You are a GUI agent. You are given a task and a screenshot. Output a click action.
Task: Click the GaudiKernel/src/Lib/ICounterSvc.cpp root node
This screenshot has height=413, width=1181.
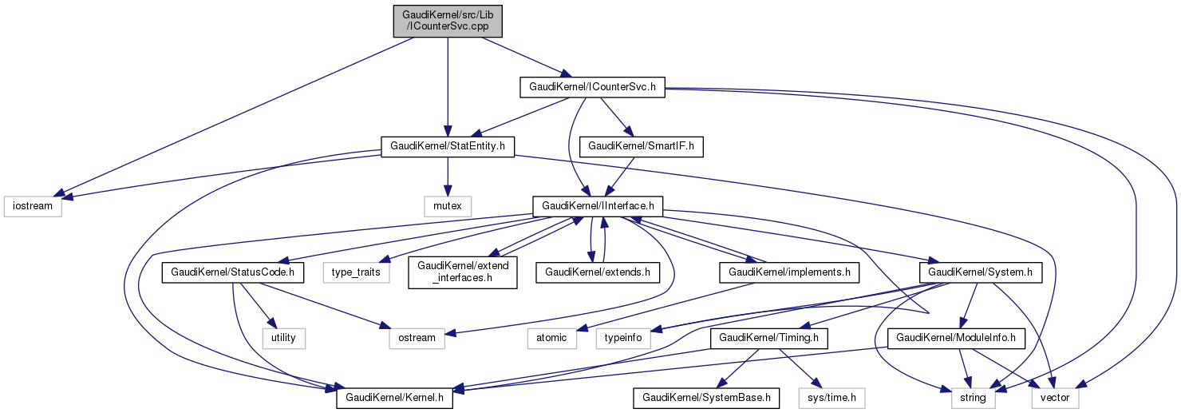[x=448, y=20]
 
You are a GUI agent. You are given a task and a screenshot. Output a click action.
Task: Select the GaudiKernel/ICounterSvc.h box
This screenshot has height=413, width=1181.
[x=592, y=86]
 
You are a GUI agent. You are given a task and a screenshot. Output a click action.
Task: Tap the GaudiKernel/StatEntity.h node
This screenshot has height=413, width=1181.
[x=448, y=146]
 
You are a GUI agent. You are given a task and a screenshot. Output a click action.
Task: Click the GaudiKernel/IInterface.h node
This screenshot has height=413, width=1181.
[x=598, y=206]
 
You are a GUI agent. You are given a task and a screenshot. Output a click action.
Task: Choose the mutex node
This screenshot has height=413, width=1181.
[x=448, y=206]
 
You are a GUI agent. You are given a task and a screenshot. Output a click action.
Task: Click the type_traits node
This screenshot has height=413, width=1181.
[x=357, y=272]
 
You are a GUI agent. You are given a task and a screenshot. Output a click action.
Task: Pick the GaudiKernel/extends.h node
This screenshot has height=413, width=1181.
[x=598, y=272]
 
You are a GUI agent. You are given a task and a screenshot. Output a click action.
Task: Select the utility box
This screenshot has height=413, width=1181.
[x=283, y=338]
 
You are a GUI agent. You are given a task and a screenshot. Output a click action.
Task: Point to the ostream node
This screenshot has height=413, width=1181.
[x=417, y=338]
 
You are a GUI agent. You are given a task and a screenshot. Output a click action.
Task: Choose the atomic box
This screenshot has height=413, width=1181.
[x=551, y=338]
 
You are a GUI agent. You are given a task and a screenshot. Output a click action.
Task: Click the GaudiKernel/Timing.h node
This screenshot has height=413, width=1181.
[x=769, y=338]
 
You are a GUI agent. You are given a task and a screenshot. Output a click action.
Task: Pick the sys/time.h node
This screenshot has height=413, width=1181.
[x=831, y=397]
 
